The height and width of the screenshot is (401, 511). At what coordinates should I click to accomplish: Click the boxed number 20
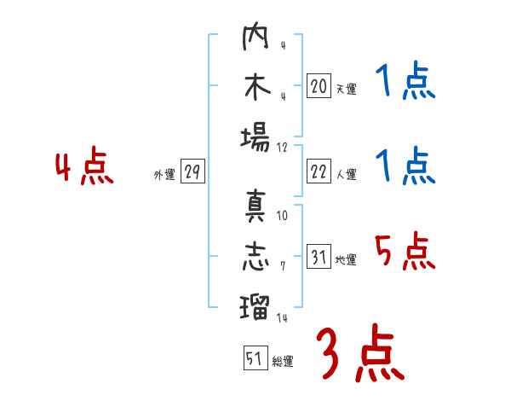pyautogui.click(x=319, y=85)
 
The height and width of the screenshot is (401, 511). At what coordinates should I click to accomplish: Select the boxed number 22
pyautogui.click(x=319, y=171)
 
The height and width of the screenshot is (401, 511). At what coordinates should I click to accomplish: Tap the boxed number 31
pyautogui.click(x=319, y=257)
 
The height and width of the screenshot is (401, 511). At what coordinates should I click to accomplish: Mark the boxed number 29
pyautogui.click(x=192, y=171)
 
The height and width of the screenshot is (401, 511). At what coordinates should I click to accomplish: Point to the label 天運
pyautogui.click(x=346, y=89)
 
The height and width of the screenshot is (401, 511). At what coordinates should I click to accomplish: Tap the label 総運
pyautogui.click(x=282, y=362)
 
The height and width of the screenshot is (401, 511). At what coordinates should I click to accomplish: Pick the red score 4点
pyautogui.click(x=84, y=167)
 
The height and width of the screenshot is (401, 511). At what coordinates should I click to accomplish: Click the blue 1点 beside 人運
pyautogui.click(x=405, y=167)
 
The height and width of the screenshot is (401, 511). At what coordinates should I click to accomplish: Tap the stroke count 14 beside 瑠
pyautogui.click(x=282, y=317)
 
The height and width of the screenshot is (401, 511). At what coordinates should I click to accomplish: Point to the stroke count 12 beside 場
pyautogui.click(x=282, y=147)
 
